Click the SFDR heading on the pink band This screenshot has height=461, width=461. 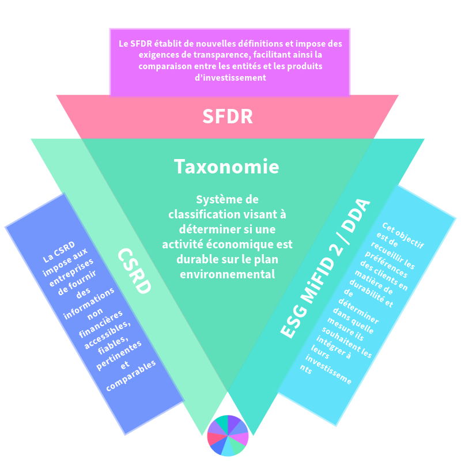227,116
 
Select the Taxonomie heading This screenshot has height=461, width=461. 226,167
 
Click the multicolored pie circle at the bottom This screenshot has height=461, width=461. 228,435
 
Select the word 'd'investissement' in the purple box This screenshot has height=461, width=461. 230,78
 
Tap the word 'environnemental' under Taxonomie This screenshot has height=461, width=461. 226,274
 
